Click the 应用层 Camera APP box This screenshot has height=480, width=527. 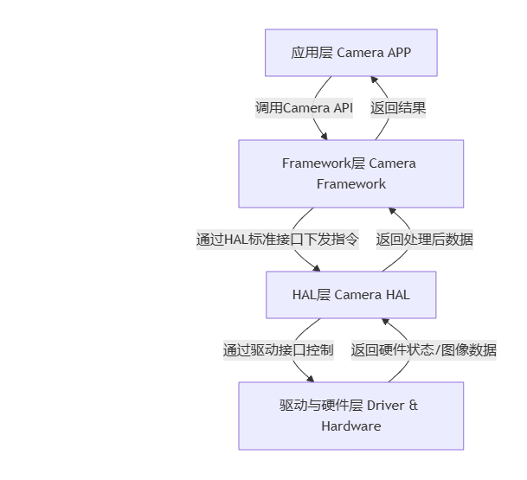coord(350,53)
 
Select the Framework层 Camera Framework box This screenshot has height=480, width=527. coord(350,173)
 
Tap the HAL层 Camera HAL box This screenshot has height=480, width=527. coord(350,295)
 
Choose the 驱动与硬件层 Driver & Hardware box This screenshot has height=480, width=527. coord(350,415)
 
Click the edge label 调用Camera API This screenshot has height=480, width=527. coord(304,108)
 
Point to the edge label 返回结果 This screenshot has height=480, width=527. coord(398,108)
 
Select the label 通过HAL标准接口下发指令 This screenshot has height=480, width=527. coord(277,240)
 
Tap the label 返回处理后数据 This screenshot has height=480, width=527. coord(424,240)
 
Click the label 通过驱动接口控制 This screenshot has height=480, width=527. coord(278,350)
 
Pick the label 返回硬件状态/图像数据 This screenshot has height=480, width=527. coord(423,350)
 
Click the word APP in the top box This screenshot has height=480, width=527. coord(399,53)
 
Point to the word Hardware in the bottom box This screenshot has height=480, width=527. coord(350,426)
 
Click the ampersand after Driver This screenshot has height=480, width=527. coord(413,405)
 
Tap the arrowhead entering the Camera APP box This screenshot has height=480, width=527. coord(374,80)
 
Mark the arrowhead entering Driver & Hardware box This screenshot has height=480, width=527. coord(311,378)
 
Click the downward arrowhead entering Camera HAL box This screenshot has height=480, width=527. coord(317,267)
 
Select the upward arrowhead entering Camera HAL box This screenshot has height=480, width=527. coord(385,322)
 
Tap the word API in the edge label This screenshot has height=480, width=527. coord(343,108)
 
